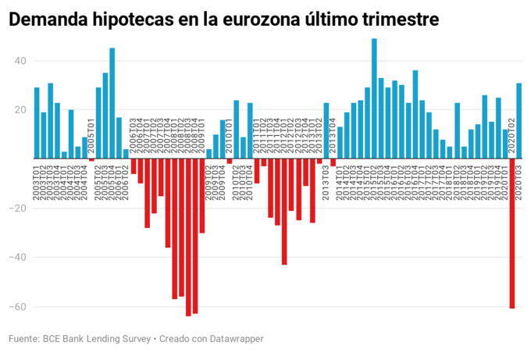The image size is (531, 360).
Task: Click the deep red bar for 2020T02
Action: tap(512, 233)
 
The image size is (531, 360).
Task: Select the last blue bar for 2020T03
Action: tap(519, 120)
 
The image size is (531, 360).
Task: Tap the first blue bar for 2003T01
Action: tap(37, 123)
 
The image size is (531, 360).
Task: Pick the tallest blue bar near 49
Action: tap(374, 98)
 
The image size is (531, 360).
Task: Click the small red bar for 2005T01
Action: tap(91, 159)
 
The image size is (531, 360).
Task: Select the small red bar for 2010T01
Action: tap(230, 161)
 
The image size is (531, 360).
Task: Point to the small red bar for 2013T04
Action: tap(333, 162)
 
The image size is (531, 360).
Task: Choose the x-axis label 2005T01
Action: tap(91, 137)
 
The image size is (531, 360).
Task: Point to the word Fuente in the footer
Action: tap(24, 339)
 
